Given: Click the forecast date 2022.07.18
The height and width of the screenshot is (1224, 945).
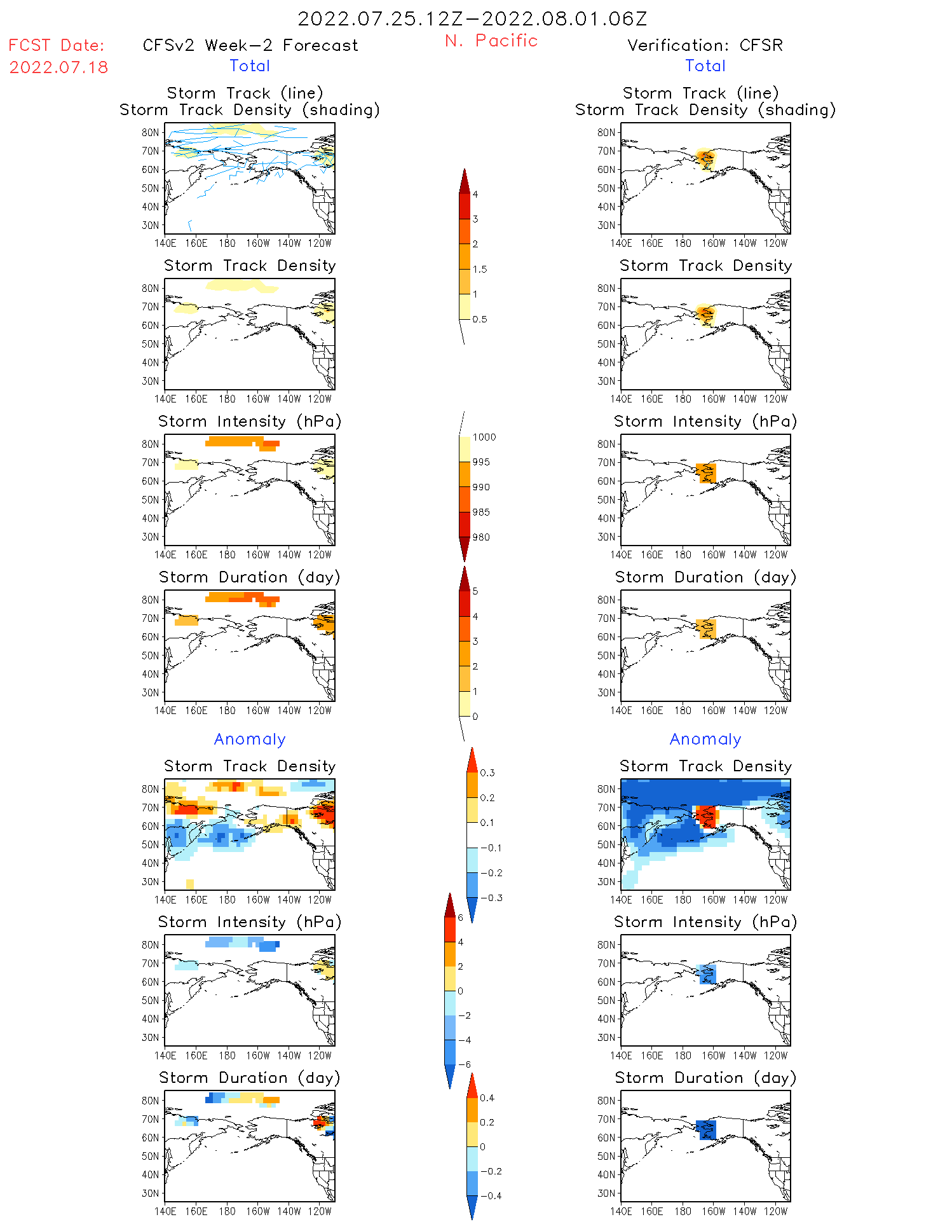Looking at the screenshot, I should (58, 67).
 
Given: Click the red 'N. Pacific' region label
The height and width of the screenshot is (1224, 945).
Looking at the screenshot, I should (491, 41).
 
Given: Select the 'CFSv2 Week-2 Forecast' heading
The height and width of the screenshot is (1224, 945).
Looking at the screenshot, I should (250, 46).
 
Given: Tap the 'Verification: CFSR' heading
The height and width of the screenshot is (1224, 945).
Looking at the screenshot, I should (705, 46).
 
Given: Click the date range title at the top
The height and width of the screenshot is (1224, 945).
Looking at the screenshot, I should (472, 19).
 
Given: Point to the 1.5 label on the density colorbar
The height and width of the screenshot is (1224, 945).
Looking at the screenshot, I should (480, 270).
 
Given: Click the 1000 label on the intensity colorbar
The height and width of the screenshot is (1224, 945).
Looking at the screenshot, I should (484, 437).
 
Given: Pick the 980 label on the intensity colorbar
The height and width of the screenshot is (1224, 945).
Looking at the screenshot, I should (481, 537).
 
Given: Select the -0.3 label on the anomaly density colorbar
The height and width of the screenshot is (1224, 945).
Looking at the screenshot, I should (491, 898).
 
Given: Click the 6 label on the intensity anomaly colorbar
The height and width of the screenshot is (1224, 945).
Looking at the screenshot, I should (461, 918).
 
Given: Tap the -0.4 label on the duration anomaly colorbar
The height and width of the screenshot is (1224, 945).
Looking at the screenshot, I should (490, 1195).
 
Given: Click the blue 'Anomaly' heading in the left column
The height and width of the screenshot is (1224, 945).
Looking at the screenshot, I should (250, 739).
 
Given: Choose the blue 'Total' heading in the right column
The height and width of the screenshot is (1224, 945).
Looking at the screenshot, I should (705, 66).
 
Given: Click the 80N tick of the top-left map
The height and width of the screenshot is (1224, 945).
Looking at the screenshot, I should (150, 132).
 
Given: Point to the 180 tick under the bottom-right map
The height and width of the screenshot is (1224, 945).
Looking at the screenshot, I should (683, 1211).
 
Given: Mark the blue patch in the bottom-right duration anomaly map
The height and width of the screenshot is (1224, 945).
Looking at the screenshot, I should (706, 1130).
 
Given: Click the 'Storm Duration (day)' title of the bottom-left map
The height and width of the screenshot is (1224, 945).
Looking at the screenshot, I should (250, 1078).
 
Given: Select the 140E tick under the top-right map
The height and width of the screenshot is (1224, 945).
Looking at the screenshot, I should (621, 243).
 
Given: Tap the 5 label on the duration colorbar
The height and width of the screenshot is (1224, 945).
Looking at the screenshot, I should (475, 591).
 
